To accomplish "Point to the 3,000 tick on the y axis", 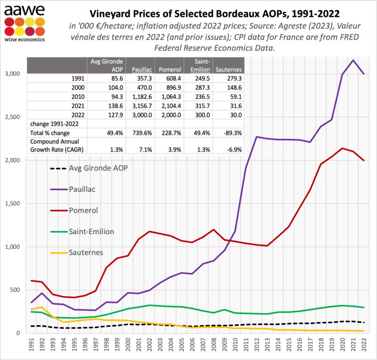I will point(13,74).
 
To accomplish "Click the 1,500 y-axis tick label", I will point(13,204).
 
